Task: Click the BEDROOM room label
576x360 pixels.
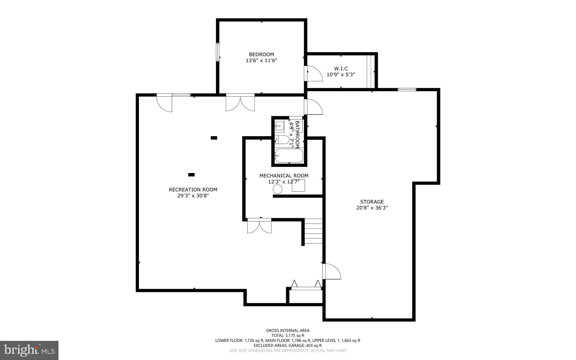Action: pyautogui.click(x=261, y=54)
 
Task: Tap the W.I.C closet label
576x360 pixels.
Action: pyautogui.click(x=341, y=69)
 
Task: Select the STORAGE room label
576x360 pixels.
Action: pyautogui.click(x=372, y=202)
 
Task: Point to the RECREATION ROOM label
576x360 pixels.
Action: pyautogui.click(x=193, y=190)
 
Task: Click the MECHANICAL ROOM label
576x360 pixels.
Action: pyautogui.click(x=283, y=176)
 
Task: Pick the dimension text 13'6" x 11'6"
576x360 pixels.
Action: pyautogui.click(x=261, y=61)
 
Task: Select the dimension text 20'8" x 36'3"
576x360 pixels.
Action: pyautogui.click(x=372, y=208)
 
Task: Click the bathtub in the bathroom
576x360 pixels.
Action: pyautogui.click(x=289, y=156)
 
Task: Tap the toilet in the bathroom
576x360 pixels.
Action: pyautogui.click(x=282, y=140)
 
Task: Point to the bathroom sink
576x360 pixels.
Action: pyautogui.click(x=279, y=126)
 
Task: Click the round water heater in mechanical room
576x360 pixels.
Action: pyautogui.click(x=277, y=189)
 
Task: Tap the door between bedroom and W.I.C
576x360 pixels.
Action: pyautogui.click(x=314, y=74)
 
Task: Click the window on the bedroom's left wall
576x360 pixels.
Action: pyautogui.click(x=218, y=52)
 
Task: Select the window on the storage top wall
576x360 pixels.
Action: pyautogui.click(x=407, y=90)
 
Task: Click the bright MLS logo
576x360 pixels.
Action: pyautogui.click(x=29, y=350)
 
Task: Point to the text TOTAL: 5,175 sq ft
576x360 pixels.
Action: pyautogui.click(x=288, y=336)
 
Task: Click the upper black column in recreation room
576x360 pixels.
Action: pyautogui.click(x=214, y=138)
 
